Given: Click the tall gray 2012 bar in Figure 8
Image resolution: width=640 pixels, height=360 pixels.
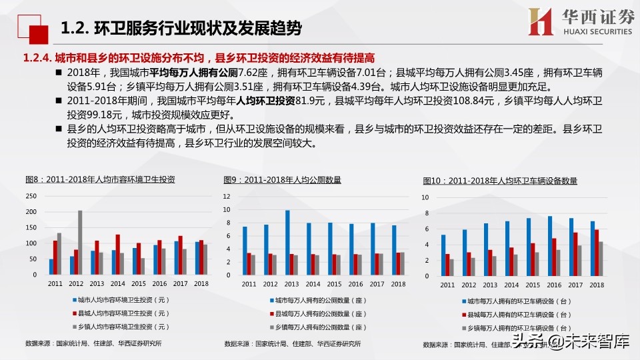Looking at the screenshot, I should (x=80, y=242).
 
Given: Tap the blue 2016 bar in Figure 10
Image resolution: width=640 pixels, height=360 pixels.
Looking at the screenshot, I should (x=549, y=246).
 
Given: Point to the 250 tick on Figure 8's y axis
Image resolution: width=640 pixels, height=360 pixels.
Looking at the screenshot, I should (x=31, y=196).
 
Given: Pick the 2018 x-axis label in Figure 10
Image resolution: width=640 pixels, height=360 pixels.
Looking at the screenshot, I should (x=597, y=285).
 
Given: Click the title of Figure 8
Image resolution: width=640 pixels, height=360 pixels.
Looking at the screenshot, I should (x=100, y=179).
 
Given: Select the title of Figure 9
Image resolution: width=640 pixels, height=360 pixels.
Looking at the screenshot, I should (x=283, y=179).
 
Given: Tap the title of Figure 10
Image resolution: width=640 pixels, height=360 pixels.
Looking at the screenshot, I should (x=500, y=181).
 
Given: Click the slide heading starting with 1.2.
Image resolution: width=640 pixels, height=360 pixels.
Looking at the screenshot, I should (x=181, y=28).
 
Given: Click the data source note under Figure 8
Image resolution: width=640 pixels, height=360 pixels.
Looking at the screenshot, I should (x=93, y=343).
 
